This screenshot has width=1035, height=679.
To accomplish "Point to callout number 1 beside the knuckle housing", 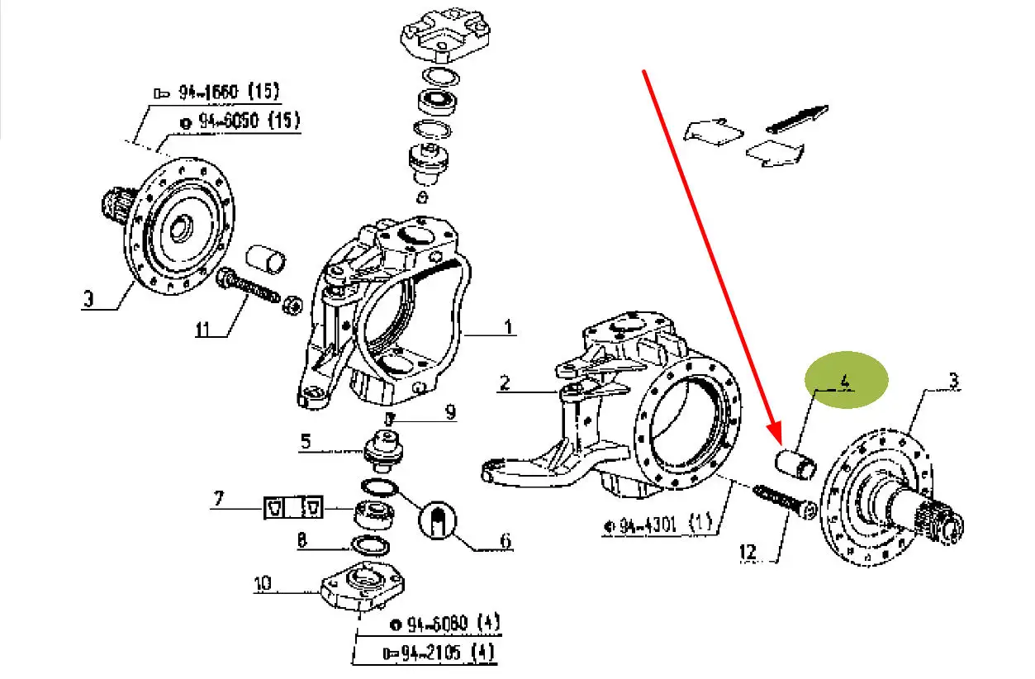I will point(509,327).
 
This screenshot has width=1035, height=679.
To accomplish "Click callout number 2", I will point(506,382).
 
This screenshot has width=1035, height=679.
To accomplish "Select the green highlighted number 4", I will point(845,381).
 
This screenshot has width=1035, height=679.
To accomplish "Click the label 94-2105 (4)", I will point(439,653).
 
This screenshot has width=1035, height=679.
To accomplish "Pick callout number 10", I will point(263,583).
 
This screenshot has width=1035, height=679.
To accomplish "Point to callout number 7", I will point(219,499).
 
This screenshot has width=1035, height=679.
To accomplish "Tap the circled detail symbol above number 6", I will point(438,520).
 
